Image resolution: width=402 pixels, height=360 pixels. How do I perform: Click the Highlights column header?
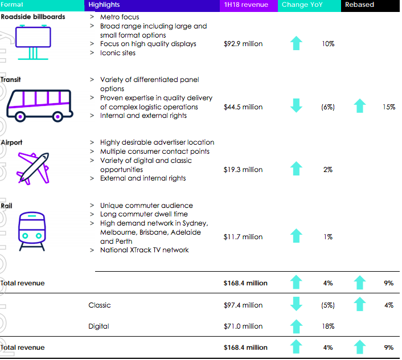104,5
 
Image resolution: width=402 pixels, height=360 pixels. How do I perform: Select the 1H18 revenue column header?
247,5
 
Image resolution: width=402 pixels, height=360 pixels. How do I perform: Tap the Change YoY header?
302,5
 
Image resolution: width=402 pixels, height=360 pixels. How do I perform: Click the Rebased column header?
359,5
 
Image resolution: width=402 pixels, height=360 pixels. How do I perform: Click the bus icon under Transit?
40,105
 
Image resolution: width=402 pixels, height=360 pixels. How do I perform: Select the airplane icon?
32,167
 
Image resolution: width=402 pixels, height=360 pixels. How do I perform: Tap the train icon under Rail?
32,231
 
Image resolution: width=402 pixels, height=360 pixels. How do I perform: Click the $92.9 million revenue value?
243,44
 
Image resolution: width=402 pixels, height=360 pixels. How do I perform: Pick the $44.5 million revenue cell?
243,107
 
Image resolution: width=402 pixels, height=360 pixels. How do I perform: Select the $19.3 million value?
243,169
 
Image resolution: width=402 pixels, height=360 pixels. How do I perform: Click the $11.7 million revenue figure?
243,236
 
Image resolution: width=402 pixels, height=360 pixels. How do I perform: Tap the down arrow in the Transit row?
296,106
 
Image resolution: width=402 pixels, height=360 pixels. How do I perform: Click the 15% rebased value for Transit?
389,107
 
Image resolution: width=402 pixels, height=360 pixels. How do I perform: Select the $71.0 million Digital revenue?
243,326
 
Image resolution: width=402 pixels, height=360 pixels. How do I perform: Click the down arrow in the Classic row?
296,305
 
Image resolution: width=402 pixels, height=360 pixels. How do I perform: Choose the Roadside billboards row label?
33,17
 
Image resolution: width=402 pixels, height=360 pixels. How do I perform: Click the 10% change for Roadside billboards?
328,44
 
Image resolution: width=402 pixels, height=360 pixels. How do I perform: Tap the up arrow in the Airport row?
296,169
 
